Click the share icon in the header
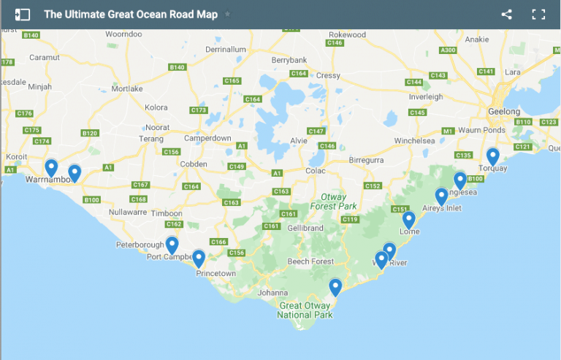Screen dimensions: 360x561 coord(507,14)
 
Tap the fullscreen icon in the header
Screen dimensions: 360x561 coord(538,14)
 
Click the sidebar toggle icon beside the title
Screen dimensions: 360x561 coord(23,14)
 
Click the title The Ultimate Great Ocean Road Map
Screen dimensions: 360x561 coord(131,14)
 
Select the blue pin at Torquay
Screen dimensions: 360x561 coord(493,156)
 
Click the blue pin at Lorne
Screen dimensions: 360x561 coord(409,220)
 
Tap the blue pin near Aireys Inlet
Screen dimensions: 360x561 coord(441,196)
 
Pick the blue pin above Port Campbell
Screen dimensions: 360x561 coord(172,245)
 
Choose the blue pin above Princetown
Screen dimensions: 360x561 coord(198,258)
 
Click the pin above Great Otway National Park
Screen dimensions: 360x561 coord(335,287)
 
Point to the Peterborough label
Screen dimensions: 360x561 coord(140,244)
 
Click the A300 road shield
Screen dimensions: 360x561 coord(449,50)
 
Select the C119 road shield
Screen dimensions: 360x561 coord(350,220)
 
